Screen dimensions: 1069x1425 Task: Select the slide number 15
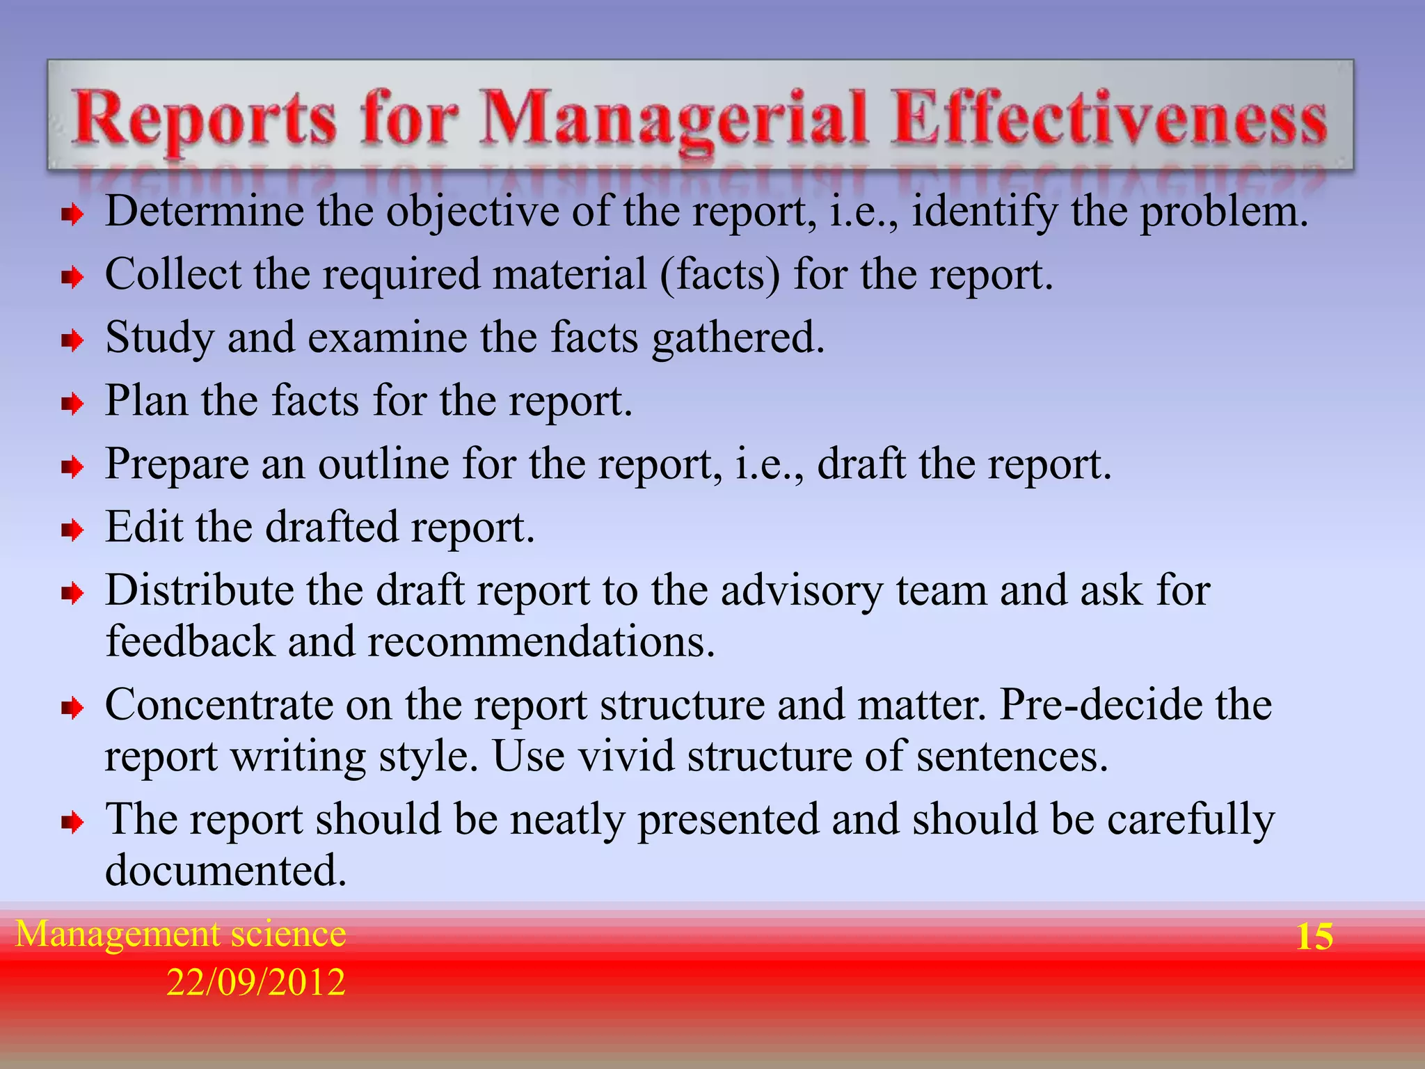pos(1314,936)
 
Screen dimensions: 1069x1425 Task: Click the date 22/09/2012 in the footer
pos(255,982)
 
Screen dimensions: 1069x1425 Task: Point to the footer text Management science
pos(181,933)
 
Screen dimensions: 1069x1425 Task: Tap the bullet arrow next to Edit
pos(72,531)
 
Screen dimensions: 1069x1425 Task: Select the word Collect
pos(173,274)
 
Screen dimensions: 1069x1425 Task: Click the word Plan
pos(147,400)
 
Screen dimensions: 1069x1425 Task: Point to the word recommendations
pos(541,641)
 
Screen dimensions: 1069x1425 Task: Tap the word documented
pos(225,870)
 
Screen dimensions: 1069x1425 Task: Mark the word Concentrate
pos(219,704)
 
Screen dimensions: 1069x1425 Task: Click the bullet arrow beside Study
pos(72,341)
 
